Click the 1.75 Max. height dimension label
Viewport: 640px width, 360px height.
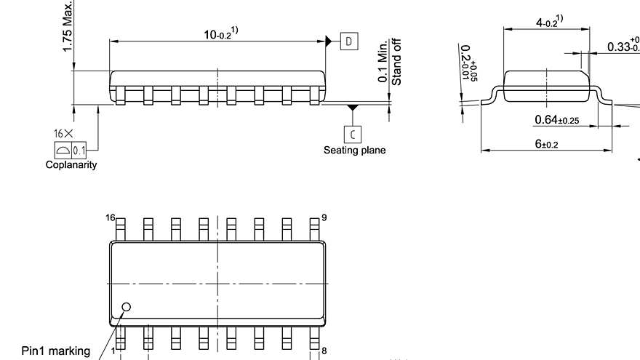67,26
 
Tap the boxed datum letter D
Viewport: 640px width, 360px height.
350,41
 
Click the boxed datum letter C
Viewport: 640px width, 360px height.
353,133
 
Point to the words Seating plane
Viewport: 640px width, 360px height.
354,151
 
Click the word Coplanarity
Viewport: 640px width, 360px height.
71,165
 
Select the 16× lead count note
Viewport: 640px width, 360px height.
63,134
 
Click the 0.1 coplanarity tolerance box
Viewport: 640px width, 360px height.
79,150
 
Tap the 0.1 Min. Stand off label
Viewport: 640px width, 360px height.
390,62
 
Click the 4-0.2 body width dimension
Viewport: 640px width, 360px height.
548,23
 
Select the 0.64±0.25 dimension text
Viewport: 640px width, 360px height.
556,120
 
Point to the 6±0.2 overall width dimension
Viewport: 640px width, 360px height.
546,144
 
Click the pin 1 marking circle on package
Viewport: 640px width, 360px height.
126,307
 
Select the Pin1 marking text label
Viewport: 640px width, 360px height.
56,351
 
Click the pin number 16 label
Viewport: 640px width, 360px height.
111,217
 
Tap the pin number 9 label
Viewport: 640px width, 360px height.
324,217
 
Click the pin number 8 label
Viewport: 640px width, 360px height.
324,351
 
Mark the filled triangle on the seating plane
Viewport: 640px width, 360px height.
353,108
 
